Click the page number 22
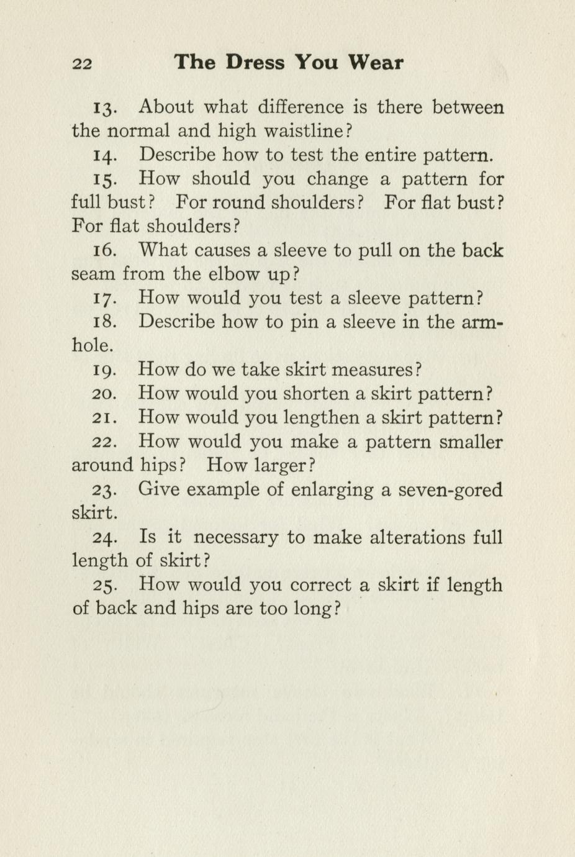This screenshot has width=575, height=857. [x=83, y=63]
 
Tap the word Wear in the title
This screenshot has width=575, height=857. [x=376, y=62]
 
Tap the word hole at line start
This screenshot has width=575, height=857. [x=92, y=345]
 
